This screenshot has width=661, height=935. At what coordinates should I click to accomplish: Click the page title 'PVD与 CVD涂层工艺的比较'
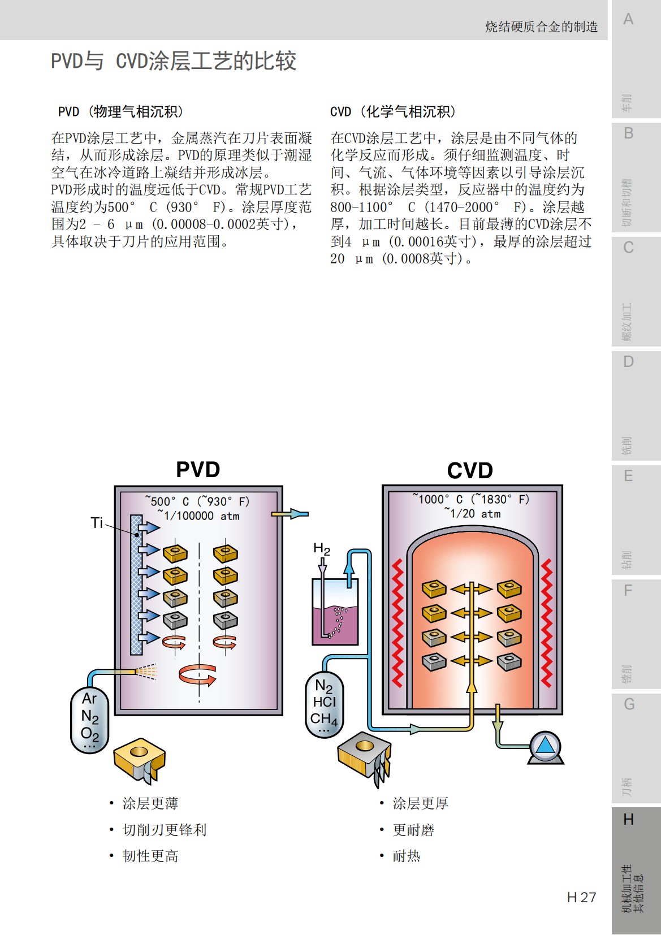174,61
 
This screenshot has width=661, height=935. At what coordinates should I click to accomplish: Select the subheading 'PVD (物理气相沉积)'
120,111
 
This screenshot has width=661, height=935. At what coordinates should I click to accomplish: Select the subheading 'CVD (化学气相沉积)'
393,111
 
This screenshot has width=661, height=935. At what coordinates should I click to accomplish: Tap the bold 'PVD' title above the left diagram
198,470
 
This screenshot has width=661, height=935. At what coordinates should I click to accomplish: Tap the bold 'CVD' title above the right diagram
470,470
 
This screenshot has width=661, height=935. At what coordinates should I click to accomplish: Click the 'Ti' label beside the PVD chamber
97,523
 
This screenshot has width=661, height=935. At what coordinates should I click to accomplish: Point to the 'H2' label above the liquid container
322,548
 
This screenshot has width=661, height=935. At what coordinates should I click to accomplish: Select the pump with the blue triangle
545,746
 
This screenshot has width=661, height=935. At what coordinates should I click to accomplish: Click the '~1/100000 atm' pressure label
198,516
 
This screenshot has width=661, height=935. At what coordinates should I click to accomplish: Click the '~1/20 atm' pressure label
473,513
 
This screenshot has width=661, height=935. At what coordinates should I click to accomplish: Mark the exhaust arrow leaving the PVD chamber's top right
290,514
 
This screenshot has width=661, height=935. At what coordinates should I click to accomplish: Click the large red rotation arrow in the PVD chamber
197,674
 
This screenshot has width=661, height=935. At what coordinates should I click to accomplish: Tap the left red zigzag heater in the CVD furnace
398,622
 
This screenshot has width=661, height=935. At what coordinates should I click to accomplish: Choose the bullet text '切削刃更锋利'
165,829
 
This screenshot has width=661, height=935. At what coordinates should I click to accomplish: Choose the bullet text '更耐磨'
413,830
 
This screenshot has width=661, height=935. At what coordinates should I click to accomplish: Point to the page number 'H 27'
581,897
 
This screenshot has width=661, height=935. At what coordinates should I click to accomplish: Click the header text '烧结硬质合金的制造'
541,27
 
